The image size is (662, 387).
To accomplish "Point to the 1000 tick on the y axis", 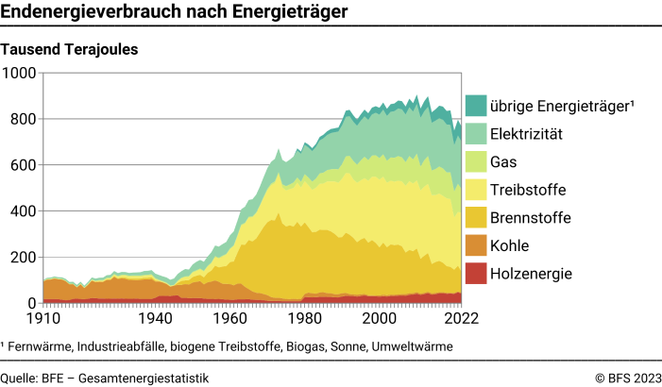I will click(x=20, y=74).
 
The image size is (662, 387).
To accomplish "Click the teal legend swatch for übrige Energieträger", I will click(x=476, y=106).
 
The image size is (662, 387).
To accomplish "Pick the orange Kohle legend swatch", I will click(x=476, y=246).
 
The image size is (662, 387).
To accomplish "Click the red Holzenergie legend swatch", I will click(x=476, y=275).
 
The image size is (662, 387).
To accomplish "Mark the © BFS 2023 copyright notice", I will click(x=628, y=378).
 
